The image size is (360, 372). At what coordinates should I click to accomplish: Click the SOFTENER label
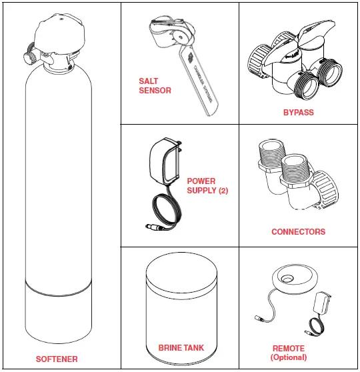57,359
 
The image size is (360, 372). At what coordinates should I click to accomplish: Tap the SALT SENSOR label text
155,86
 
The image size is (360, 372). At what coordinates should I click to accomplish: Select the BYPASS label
298,113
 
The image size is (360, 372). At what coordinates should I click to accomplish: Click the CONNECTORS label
298,232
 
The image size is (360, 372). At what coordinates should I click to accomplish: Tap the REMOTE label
289,348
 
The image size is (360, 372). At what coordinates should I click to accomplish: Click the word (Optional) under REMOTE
289,357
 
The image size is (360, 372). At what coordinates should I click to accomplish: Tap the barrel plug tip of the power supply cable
153,229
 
